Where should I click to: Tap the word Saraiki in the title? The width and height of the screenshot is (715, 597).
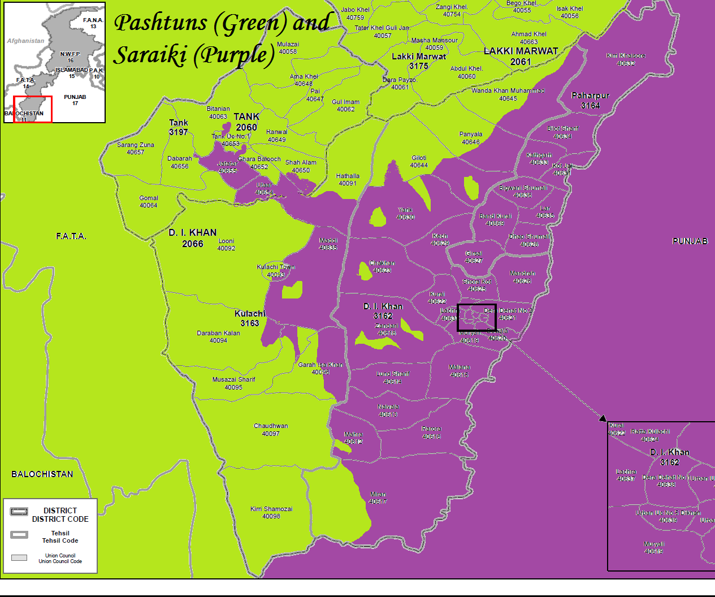[x=150, y=55]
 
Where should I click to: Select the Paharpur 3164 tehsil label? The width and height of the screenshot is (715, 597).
[x=590, y=101]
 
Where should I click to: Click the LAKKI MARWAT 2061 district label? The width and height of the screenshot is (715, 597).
[x=521, y=56]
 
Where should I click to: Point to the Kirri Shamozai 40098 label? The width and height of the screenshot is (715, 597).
[x=271, y=512]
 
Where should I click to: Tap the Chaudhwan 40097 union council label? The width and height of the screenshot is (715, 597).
[x=271, y=430]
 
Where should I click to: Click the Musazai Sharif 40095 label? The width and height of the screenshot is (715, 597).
[x=233, y=383]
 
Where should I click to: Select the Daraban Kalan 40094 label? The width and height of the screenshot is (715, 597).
[x=218, y=336]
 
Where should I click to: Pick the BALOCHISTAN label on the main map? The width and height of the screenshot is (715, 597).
[x=42, y=474]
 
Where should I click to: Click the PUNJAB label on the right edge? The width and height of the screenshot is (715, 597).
[x=690, y=241]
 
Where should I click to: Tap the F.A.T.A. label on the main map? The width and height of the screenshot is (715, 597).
[x=71, y=236]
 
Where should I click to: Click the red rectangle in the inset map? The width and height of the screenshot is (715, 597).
[x=33, y=109]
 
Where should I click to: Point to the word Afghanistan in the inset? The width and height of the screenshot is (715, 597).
[x=25, y=41]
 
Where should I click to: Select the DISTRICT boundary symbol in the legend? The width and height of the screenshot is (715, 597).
[x=19, y=512]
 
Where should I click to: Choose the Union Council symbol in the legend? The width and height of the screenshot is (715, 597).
[x=19, y=557]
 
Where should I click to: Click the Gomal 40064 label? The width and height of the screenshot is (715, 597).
[x=149, y=202]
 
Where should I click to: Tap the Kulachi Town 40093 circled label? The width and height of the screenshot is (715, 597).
[x=276, y=271]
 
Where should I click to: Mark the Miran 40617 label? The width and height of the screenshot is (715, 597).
[x=378, y=497]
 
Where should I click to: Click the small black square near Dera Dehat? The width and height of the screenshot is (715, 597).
[x=476, y=317]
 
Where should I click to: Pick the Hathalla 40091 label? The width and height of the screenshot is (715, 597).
[x=348, y=179]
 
